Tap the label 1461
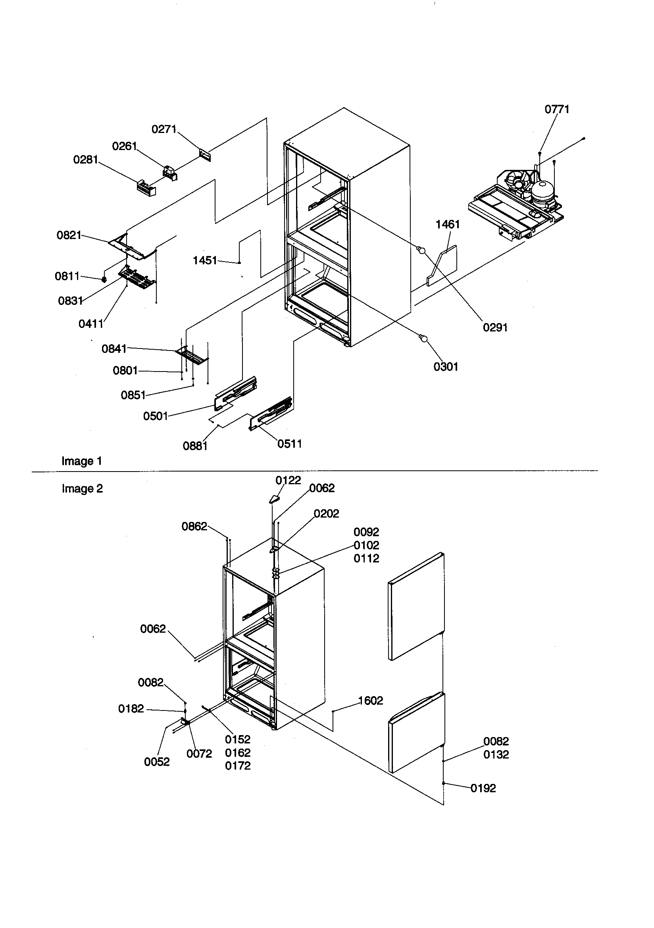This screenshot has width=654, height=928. point(448,224)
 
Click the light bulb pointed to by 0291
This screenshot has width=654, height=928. point(421,250)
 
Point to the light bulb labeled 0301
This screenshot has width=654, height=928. point(423,338)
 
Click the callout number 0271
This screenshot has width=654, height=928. point(164,129)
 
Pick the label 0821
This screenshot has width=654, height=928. point(69,235)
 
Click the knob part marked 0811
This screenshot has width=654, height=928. point(104,279)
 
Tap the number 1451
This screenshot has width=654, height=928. point(205,260)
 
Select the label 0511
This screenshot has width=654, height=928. point(289,444)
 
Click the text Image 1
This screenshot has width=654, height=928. point(82,461)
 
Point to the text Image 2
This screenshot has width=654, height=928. point(82,489)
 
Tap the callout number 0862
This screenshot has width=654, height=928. point(194,526)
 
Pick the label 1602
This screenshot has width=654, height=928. point(370,701)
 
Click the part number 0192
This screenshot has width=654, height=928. point(483,788)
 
